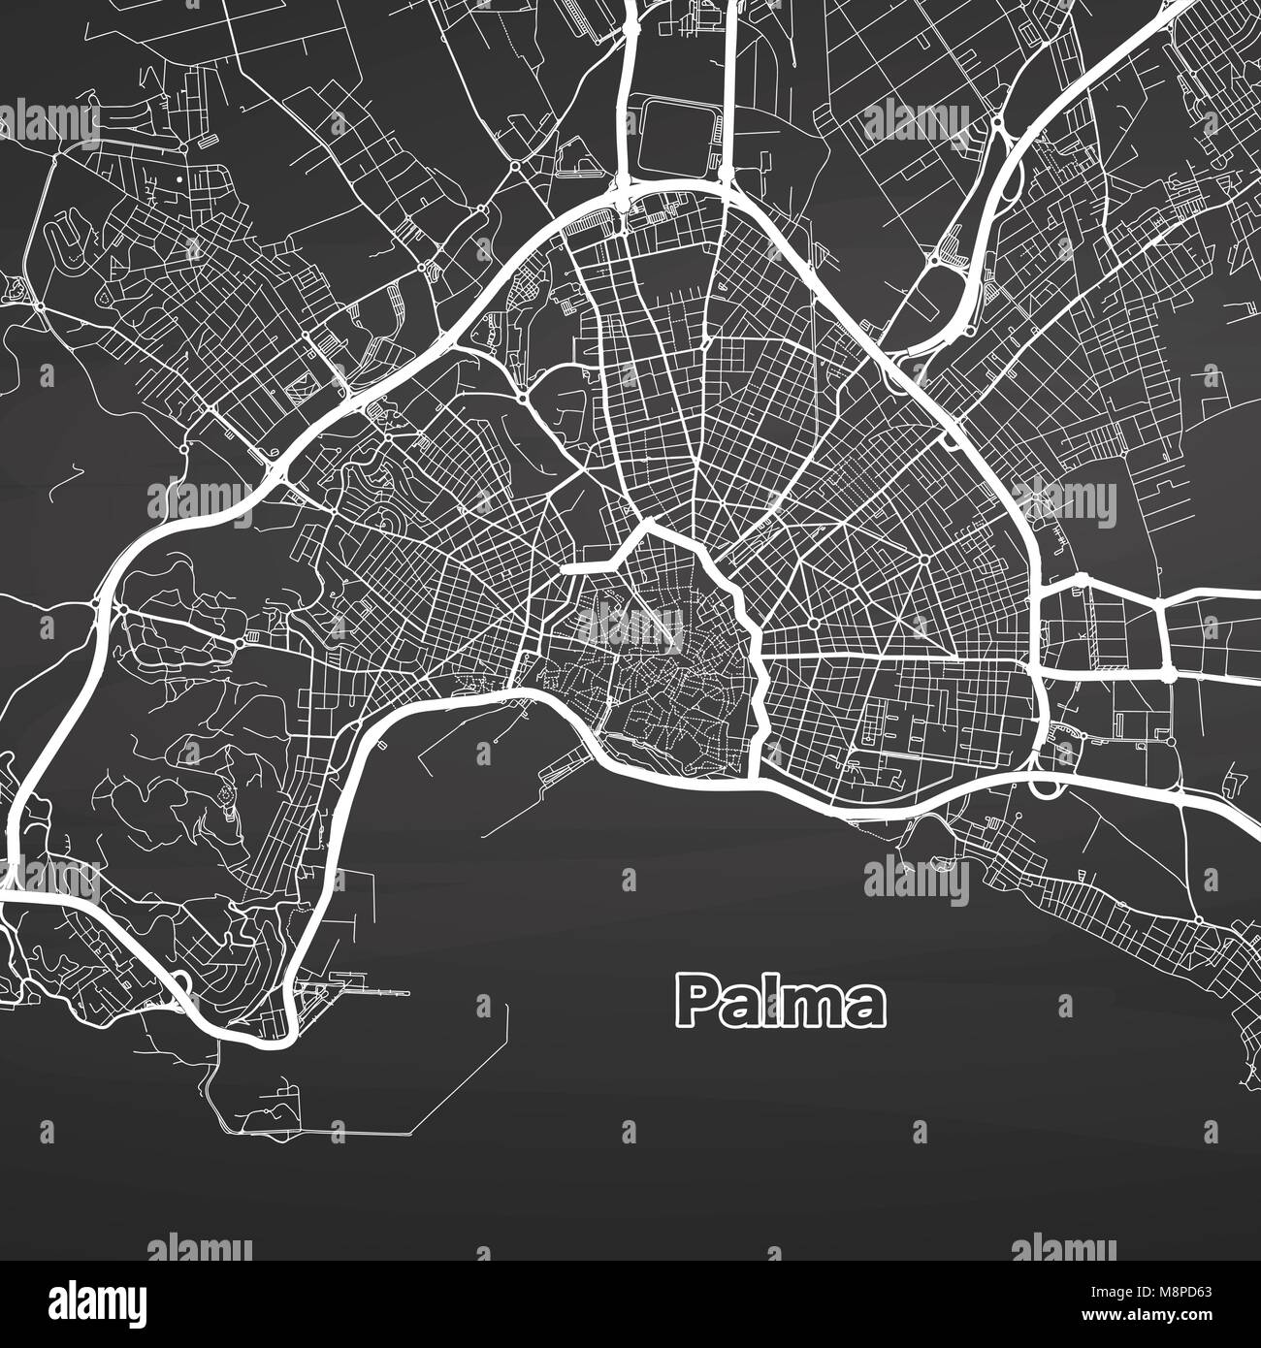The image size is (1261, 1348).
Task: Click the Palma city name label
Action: (x=781, y=1002)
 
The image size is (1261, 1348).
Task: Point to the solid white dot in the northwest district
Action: (x=179, y=180)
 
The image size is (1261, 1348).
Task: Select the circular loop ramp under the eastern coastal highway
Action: (x=1045, y=784)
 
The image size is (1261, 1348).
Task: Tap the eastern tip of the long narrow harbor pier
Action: (x=408, y=993)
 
